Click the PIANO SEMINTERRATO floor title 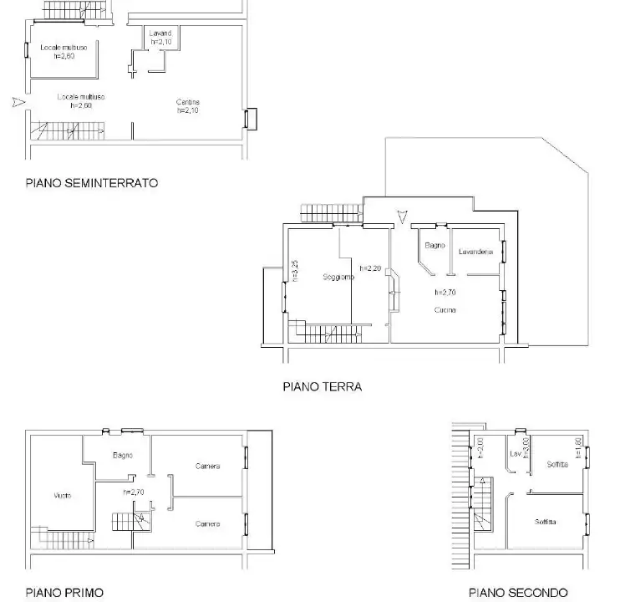coord(92,182)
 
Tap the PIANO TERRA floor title coord(322,387)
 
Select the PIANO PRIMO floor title coord(64,592)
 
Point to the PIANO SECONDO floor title coord(518,592)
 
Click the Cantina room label coord(188,103)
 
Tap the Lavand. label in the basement coord(161,33)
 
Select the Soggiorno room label coord(339,277)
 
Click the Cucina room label coord(445,310)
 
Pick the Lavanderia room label coord(475,252)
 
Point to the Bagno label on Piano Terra coord(434,245)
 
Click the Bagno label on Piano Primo coord(124,456)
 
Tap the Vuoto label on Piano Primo coord(63,495)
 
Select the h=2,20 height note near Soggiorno coord(370,268)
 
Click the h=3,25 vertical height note coord(295,272)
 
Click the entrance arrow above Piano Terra coord(403,218)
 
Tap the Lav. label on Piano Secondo coord(515,454)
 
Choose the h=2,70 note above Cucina coord(444,293)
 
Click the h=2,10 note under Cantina coord(188,111)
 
